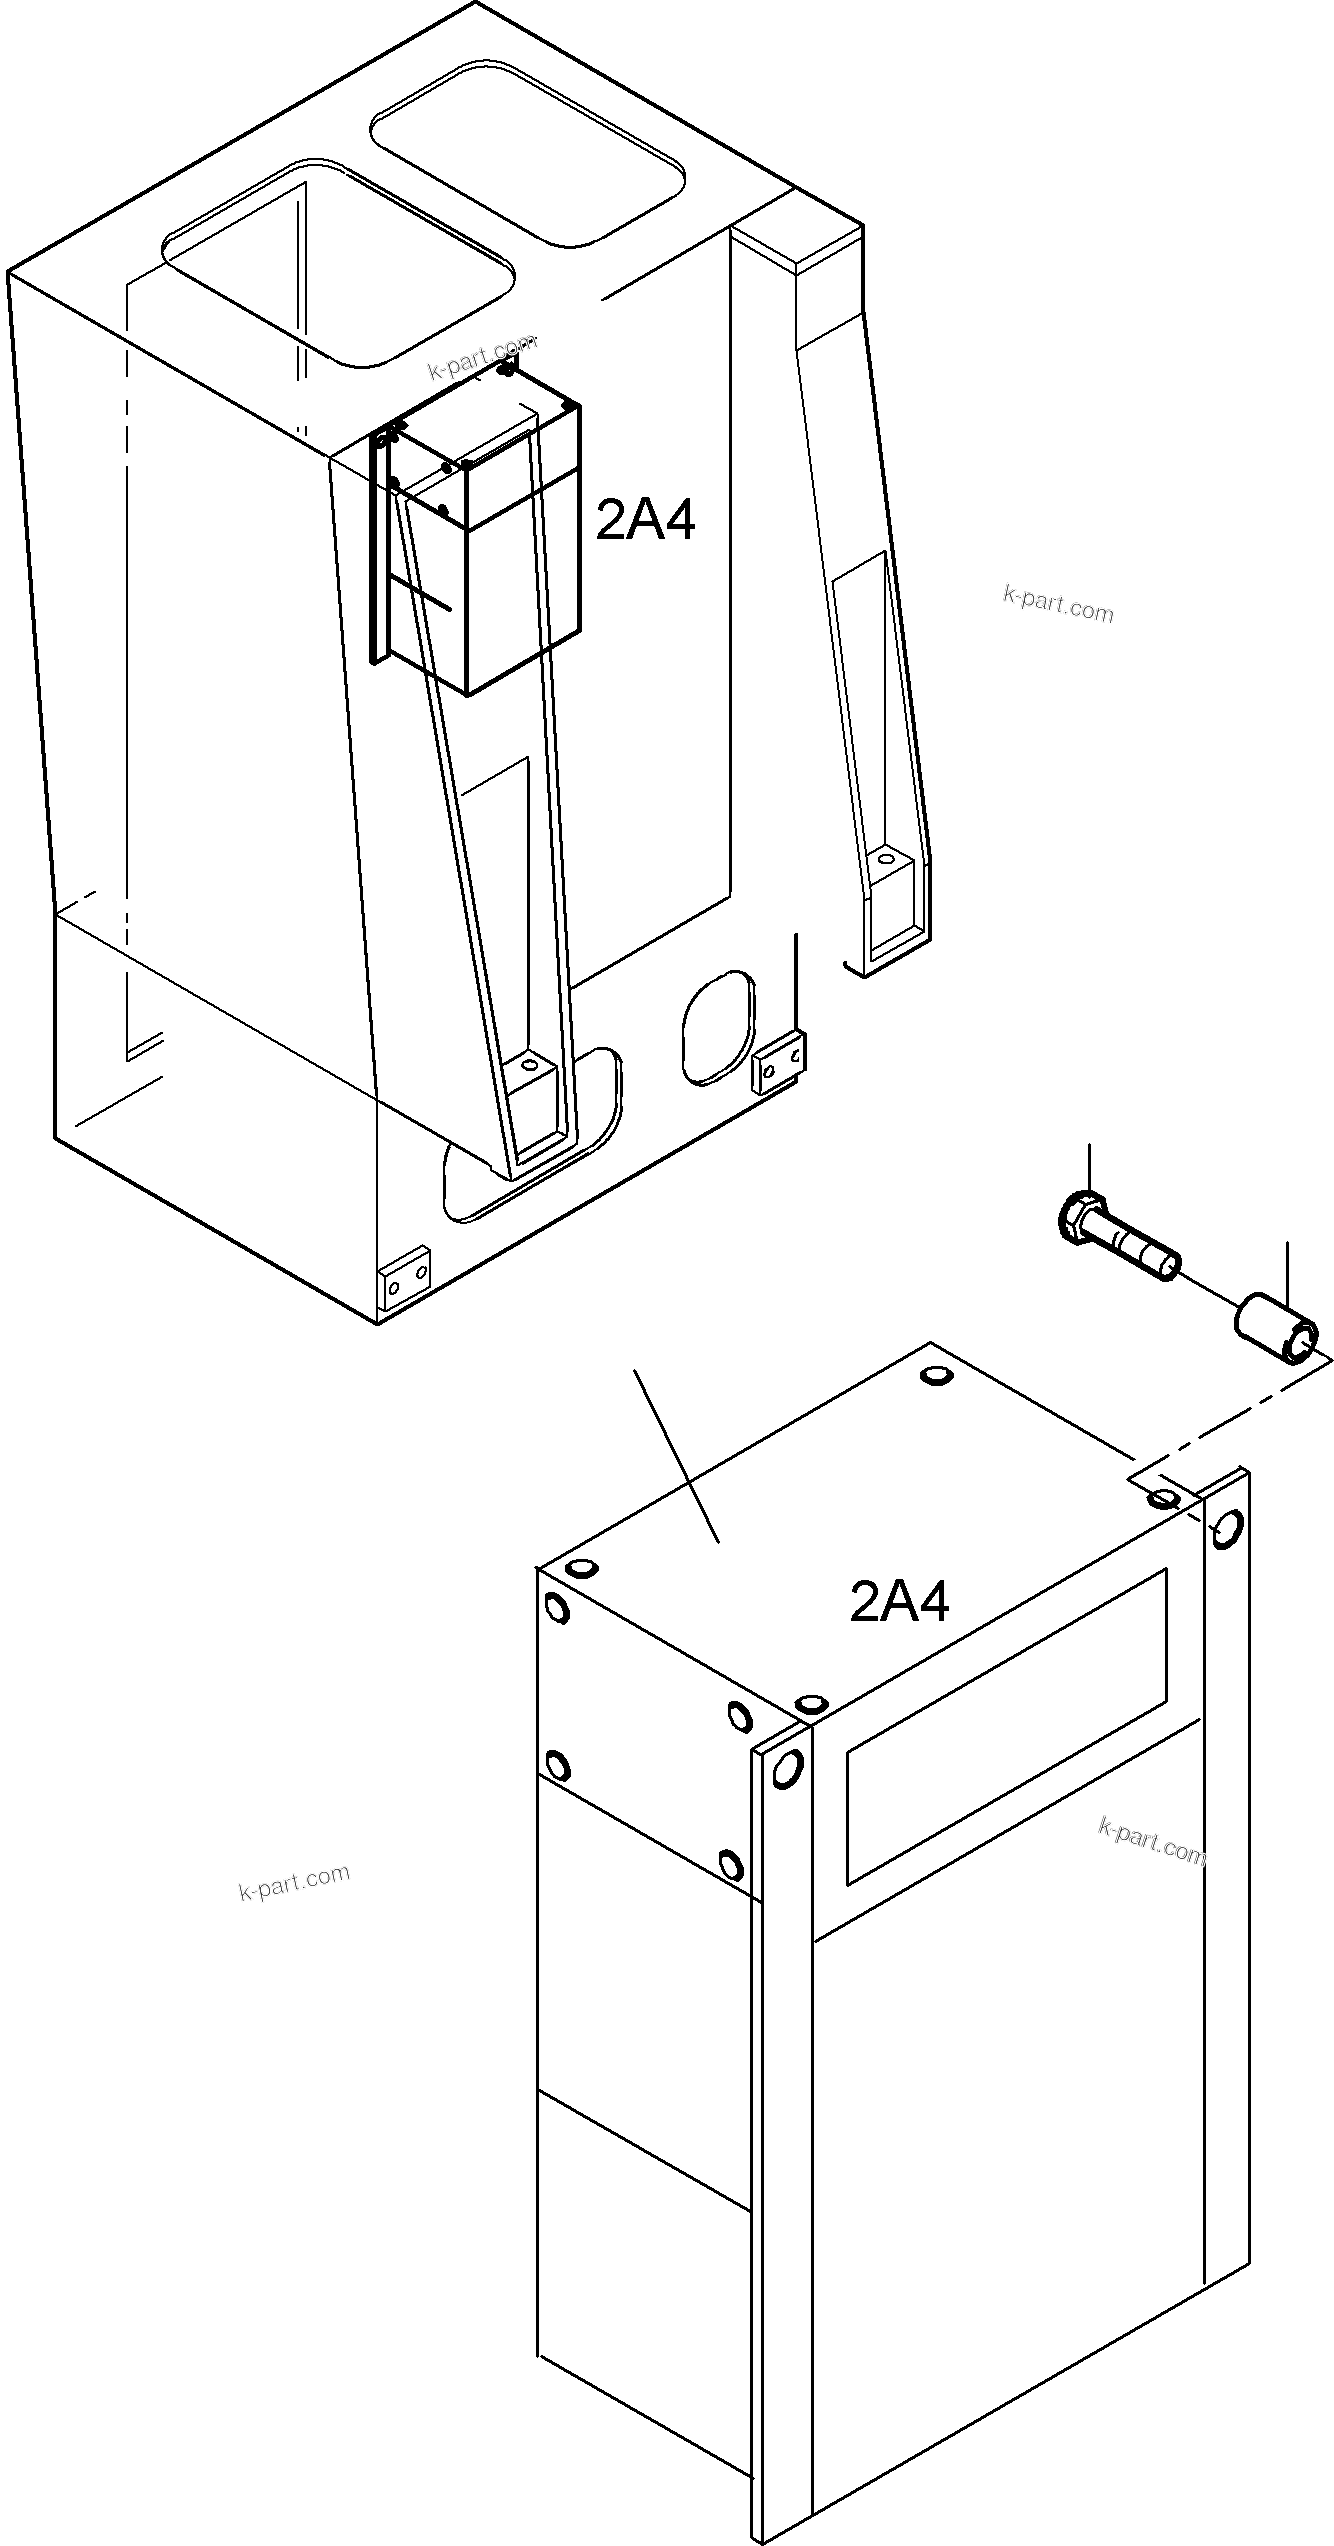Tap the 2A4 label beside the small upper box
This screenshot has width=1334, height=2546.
click(x=645, y=520)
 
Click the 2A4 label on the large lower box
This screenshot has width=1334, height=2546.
click(x=899, y=1602)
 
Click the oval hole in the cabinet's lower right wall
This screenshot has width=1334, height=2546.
click(x=716, y=1026)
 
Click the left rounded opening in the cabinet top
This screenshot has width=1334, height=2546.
click(x=338, y=263)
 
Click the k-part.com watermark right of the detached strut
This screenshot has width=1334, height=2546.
click(x=1057, y=605)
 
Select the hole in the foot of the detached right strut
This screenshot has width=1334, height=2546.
click(x=884, y=858)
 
